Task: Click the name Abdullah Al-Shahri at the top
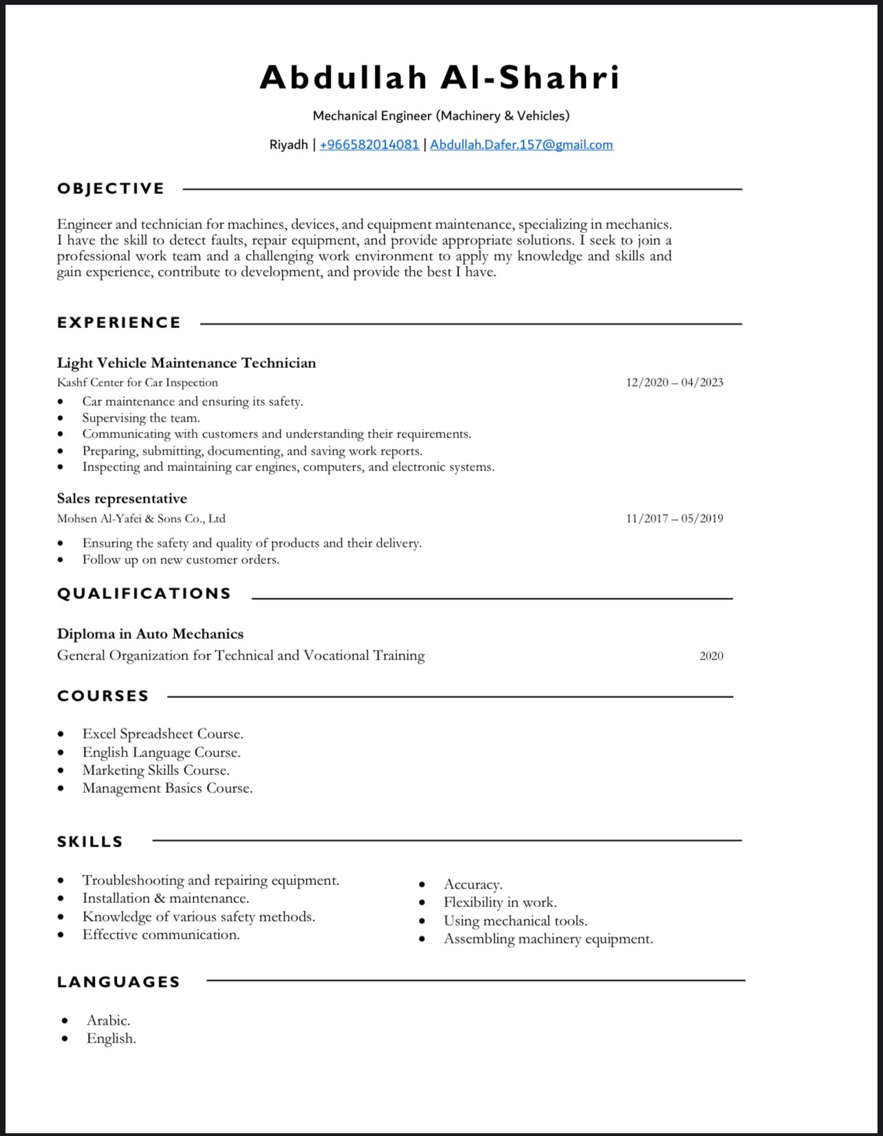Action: tap(440, 77)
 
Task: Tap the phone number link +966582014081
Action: tap(369, 145)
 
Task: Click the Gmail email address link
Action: tap(521, 145)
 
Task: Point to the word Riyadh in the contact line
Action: tap(288, 145)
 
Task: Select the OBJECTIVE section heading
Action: tap(111, 188)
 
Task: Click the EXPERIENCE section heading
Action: tap(119, 323)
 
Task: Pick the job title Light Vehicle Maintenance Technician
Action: tap(186, 363)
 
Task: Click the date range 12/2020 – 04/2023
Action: tap(674, 382)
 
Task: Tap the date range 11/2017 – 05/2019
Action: tap(674, 518)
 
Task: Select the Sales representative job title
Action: tap(122, 499)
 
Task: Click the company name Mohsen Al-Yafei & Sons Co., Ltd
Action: tap(141, 518)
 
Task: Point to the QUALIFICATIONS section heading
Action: tap(144, 593)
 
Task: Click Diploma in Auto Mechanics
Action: tap(150, 634)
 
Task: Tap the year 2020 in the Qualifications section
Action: tap(711, 656)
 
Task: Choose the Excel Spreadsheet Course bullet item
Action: tap(162, 734)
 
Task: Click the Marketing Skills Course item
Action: tap(155, 770)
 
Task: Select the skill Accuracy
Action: tap(472, 884)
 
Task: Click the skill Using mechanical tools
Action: tap(515, 921)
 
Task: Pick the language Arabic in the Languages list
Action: tap(108, 1020)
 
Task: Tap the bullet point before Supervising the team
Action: tap(61, 418)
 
